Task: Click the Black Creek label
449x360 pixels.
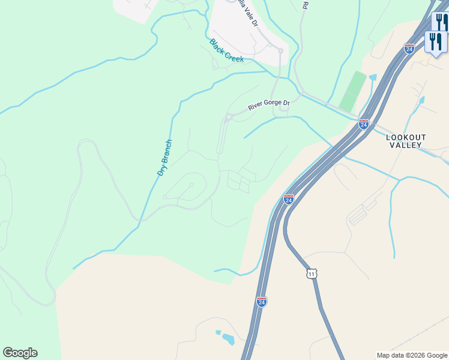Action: [x=226, y=50]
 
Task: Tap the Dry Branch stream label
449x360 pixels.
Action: [x=164, y=157]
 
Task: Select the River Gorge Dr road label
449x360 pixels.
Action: [x=269, y=105]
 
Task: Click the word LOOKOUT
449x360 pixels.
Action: [x=406, y=137]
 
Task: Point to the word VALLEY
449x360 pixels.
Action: [x=406, y=145]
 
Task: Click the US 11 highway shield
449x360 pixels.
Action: [x=310, y=273]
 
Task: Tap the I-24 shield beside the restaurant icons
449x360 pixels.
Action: [x=409, y=47]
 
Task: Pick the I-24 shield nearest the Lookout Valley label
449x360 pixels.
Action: [x=363, y=124]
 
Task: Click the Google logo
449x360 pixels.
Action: [x=20, y=353]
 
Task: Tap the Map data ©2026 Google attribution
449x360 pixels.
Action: [x=412, y=355]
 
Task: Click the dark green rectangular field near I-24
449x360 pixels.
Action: [x=352, y=91]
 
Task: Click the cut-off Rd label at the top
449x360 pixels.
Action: [x=305, y=5]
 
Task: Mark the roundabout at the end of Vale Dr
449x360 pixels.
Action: [x=280, y=52]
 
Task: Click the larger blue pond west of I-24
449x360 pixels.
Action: [x=228, y=339]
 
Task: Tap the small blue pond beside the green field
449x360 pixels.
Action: [x=373, y=77]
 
